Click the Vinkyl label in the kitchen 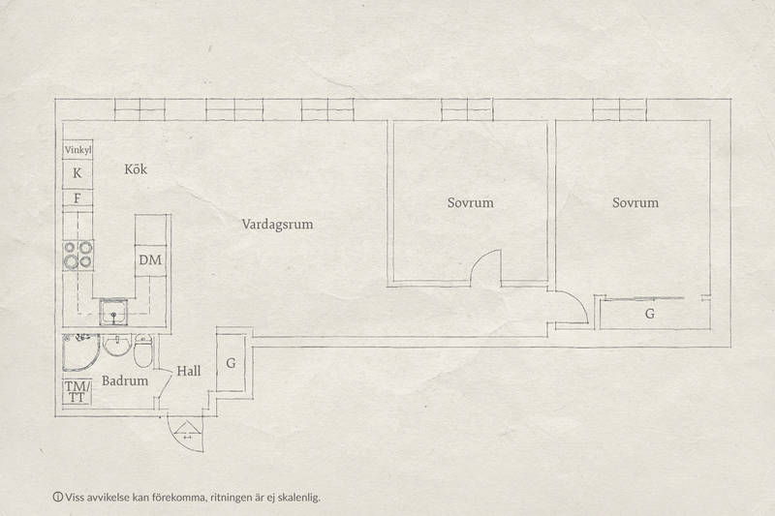pyautogui.click(x=78, y=150)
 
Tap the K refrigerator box pyautogui.click(x=77, y=174)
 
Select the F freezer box pyautogui.click(x=77, y=198)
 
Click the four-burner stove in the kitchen pyautogui.click(x=78, y=255)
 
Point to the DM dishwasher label pyautogui.click(x=150, y=259)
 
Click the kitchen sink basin pyautogui.click(x=114, y=312)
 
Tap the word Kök pyautogui.click(x=136, y=169)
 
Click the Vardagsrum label pyautogui.click(x=277, y=225)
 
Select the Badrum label pyautogui.click(x=125, y=380)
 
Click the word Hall pyautogui.click(x=189, y=371)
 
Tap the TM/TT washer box pyautogui.click(x=77, y=391)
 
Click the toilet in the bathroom pyautogui.click(x=143, y=350)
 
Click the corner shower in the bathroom pyautogui.click(x=80, y=352)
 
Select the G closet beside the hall pyautogui.click(x=231, y=363)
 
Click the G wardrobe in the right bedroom pyautogui.click(x=649, y=314)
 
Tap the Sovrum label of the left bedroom pyautogui.click(x=471, y=202)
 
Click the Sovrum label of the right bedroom pyautogui.click(x=635, y=202)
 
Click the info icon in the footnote pyautogui.click(x=58, y=497)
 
